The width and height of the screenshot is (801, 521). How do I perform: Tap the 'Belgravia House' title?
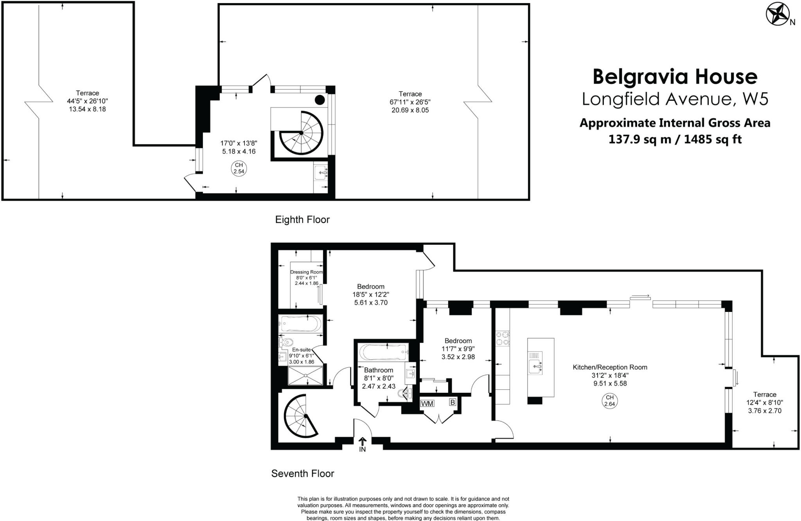675,77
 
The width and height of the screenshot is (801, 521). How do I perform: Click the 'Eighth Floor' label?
302,220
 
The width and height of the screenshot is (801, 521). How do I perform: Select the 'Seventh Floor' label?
303,474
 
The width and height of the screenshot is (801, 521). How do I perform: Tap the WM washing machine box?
427,403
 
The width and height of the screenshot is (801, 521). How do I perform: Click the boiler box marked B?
453,402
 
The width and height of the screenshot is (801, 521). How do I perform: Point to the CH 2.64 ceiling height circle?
610,401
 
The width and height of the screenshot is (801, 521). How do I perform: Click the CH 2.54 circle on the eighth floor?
239,168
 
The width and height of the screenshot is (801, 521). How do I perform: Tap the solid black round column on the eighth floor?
320,100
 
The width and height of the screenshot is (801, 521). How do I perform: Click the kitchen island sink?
535,367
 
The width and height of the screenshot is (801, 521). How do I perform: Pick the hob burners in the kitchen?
502,338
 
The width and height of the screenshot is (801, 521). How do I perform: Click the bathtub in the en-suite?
301,324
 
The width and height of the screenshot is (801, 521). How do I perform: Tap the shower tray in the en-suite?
305,375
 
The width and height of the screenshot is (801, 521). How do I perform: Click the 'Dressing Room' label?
306,272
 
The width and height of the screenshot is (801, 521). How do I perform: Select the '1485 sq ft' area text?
713,140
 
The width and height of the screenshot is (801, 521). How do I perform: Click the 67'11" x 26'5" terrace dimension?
410,102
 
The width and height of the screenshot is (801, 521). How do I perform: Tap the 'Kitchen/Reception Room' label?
610,367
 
